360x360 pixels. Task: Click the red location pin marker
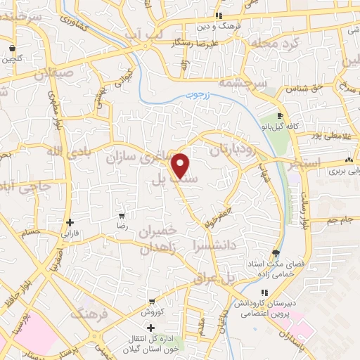coord(181,165)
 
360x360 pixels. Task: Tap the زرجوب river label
coord(194,95)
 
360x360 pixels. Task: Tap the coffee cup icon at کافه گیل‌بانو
coord(280,115)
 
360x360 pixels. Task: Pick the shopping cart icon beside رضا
coord(122,216)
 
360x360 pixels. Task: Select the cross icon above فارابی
coord(68,222)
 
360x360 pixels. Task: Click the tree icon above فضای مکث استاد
coord(274,254)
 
